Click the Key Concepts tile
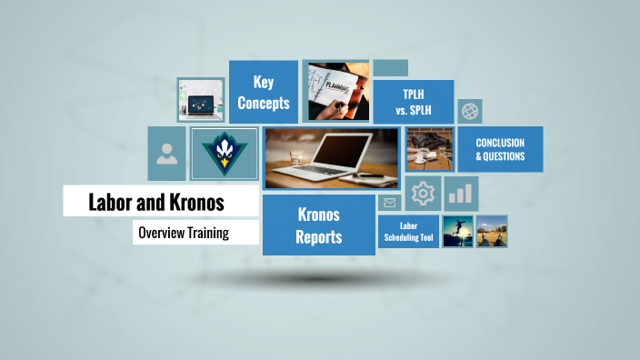click(x=264, y=92)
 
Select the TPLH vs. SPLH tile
click(x=413, y=101)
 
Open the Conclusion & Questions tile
click(x=500, y=149)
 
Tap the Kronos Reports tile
click(x=319, y=225)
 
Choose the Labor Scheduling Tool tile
click(x=407, y=232)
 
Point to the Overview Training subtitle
click(x=184, y=233)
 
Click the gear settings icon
click(x=423, y=194)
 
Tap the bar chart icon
click(x=462, y=194)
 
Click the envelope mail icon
click(x=390, y=203)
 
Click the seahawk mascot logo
click(x=224, y=154)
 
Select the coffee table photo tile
click(x=429, y=149)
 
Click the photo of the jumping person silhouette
click(x=456, y=231)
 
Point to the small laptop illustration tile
click(x=201, y=99)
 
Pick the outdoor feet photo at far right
click(x=492, y=231)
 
